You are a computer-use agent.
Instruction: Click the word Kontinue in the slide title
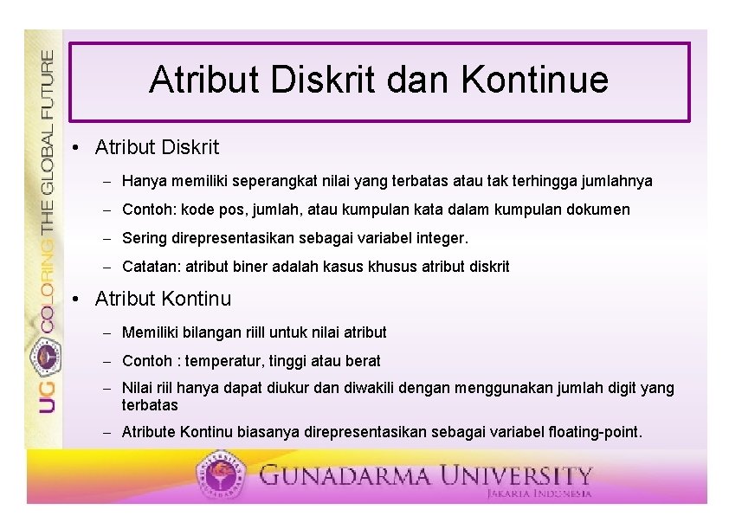click(534, 80)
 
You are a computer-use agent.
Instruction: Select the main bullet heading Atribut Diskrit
click(157, 148)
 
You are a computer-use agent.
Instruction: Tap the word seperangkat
click(263, 182)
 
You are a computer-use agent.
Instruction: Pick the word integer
click(441, 238)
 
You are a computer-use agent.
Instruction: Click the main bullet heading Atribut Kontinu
click(163, 300)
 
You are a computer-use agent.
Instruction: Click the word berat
click(363, 361)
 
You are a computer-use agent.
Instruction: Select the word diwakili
click(381, 389)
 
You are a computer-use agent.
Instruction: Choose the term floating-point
click(593, 431)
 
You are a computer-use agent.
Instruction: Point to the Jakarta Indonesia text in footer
click(539, 493)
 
